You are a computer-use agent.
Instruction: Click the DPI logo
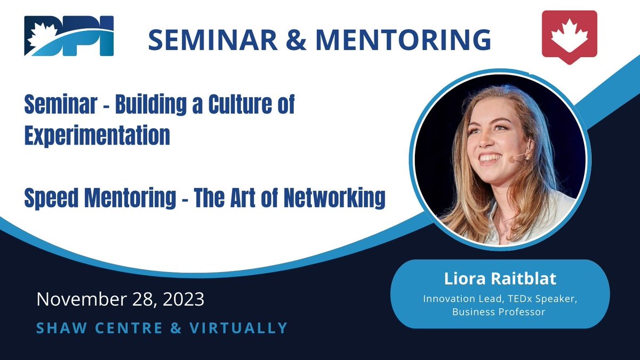click(x=69, y=36)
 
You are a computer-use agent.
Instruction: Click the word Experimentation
click(x=97, y=136)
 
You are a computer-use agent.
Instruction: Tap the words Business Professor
click(x=499, y=312)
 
